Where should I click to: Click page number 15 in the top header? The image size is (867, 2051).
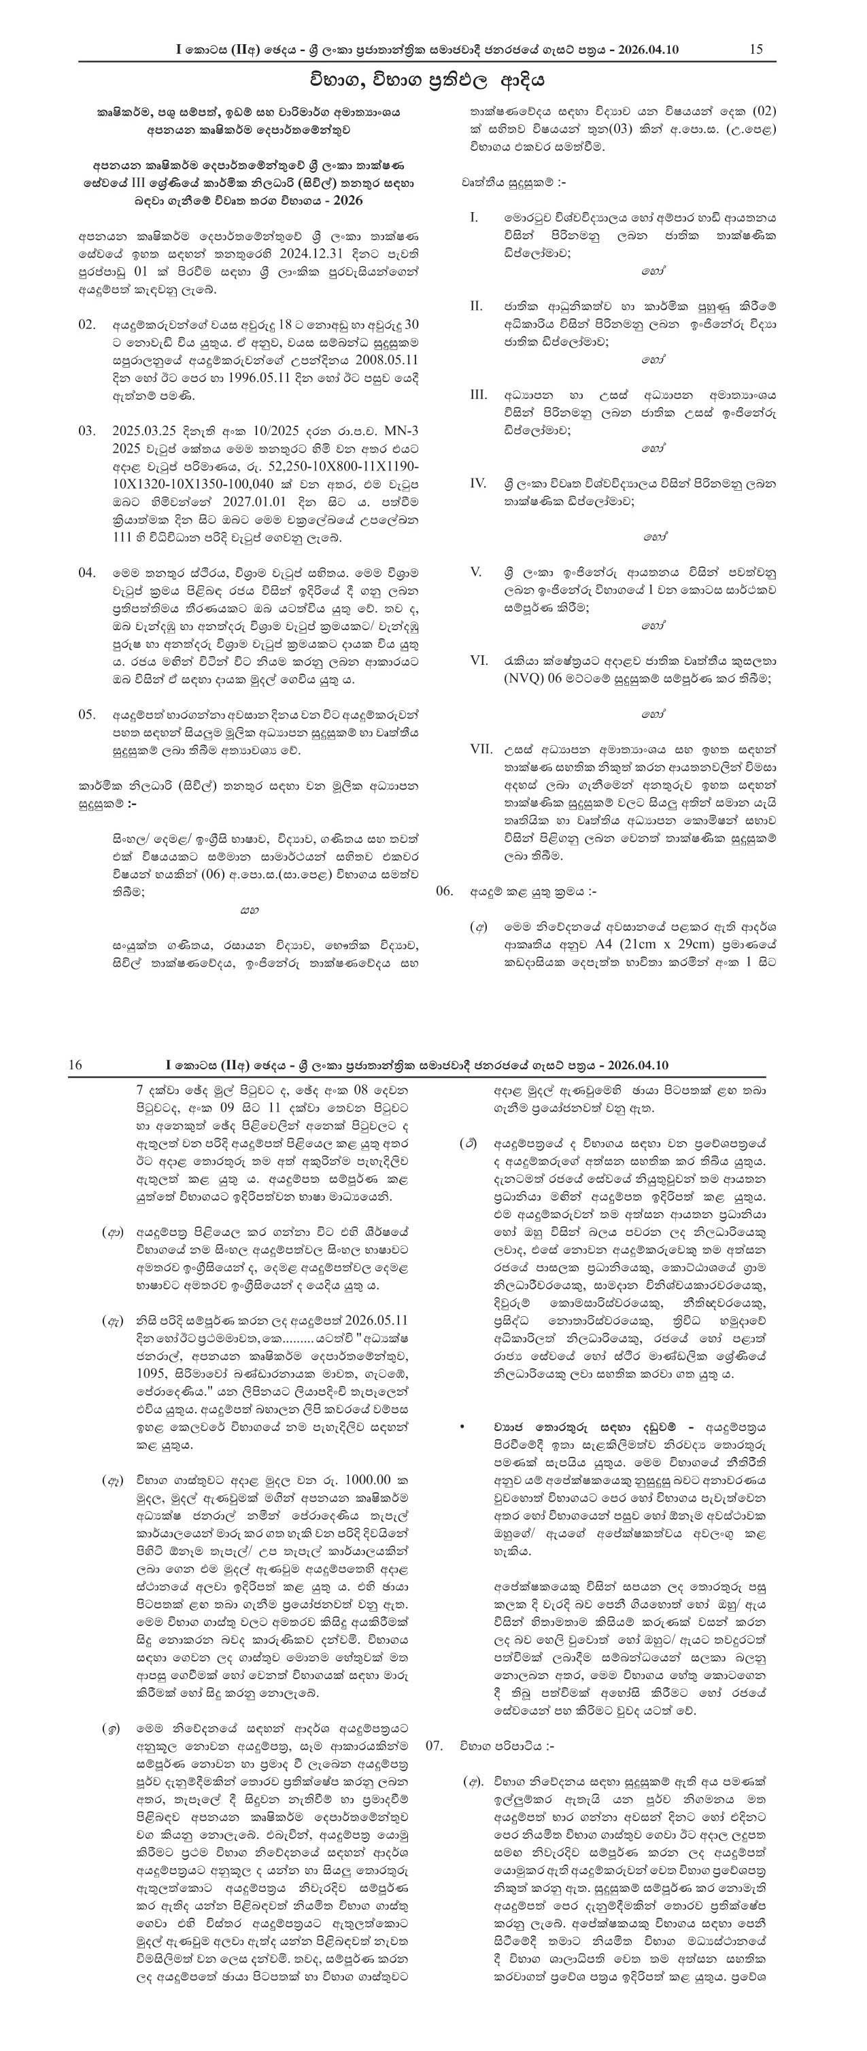755,50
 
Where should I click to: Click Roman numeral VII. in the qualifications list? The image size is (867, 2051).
481,749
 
